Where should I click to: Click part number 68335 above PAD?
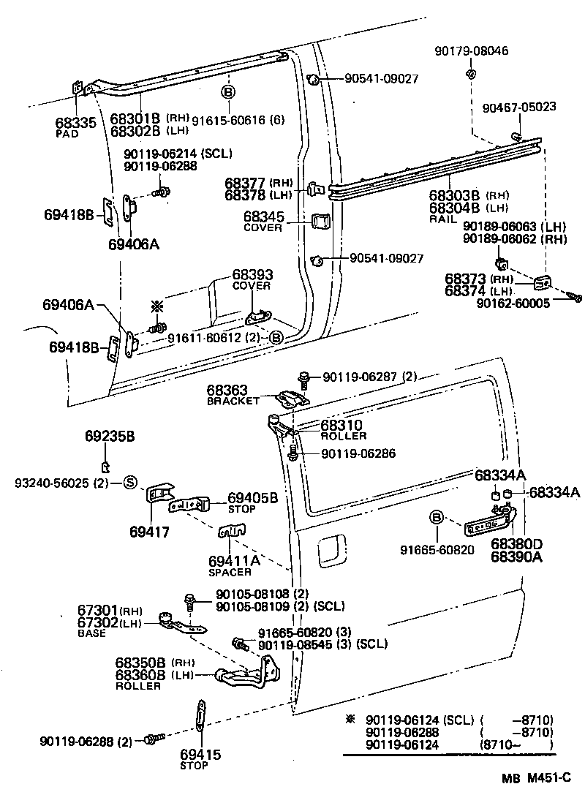(x=75, y=123)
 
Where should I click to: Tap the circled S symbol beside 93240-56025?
(x=129, y=482)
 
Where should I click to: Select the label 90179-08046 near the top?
(x=472, y=51)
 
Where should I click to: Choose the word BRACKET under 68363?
(x=233, y=401)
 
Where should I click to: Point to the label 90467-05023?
(x=519, y=108)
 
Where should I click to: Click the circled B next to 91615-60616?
(x=227, y=93)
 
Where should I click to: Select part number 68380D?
(x=516, y=544)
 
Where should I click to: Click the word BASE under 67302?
(x=91, y=633)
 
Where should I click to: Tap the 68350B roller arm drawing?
(x=241, y=675)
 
